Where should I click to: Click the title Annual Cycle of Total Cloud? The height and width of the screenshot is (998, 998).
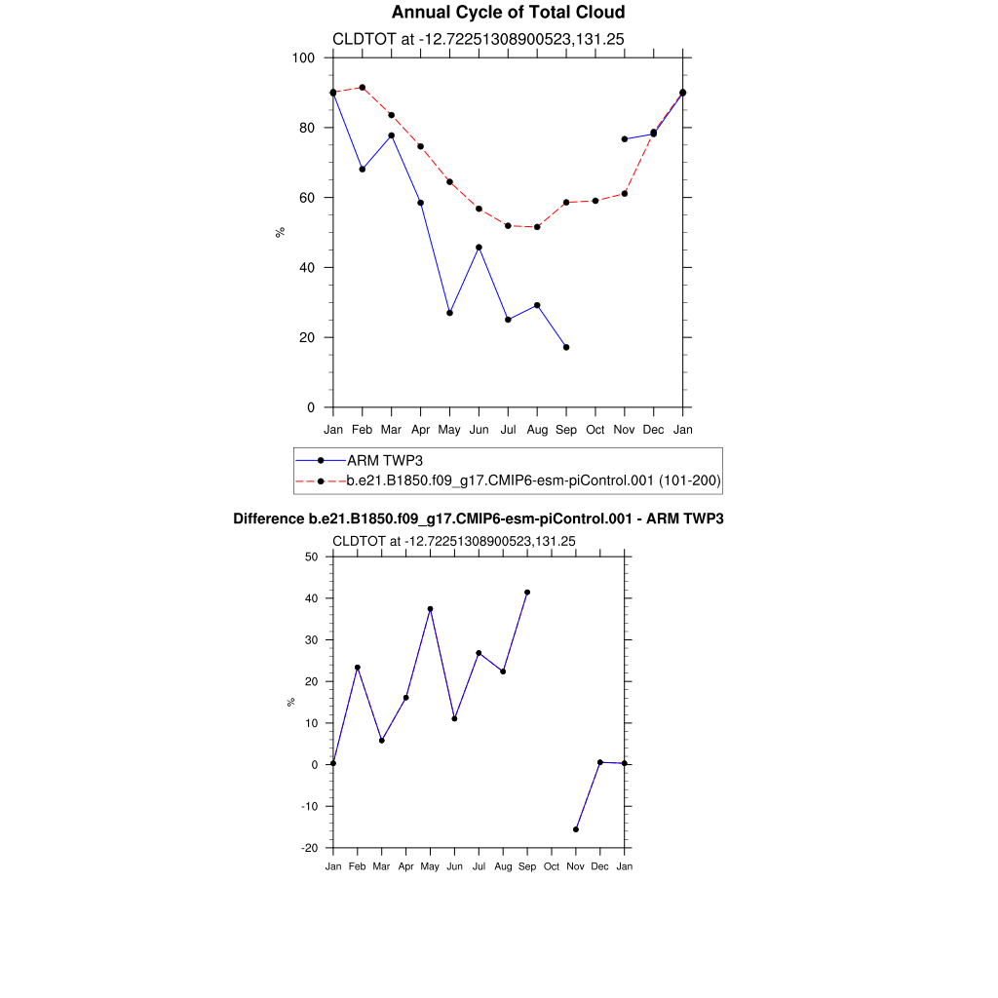(x=508, y=13)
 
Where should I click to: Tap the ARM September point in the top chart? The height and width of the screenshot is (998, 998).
(x=566, y=347)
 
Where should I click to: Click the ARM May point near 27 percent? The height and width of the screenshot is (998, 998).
(x=449, y=313)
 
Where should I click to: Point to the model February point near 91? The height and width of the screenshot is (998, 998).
(x=363, y=88)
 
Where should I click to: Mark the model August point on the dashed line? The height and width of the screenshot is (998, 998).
(x=537, y=227)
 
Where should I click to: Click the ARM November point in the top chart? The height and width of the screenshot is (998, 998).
(x=625, y=139)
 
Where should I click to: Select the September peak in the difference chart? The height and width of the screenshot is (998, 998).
(x=527, y=593)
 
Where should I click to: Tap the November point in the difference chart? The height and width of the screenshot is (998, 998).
(x=576, y=829)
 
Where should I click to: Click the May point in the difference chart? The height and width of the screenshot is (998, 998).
(x=430, y=609)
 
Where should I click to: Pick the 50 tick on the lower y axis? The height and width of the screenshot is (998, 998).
(x=312, y=557)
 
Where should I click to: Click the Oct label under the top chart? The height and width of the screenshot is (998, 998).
(x=595, y=430)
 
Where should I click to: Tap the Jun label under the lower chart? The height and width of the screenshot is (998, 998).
(x=454, y=866)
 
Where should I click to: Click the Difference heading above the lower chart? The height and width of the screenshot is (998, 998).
(x=479, y=519)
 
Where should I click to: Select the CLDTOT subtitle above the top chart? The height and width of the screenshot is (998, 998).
(x=479, y=39)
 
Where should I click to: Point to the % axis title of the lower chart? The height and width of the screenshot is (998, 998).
(x=290, y=702)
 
